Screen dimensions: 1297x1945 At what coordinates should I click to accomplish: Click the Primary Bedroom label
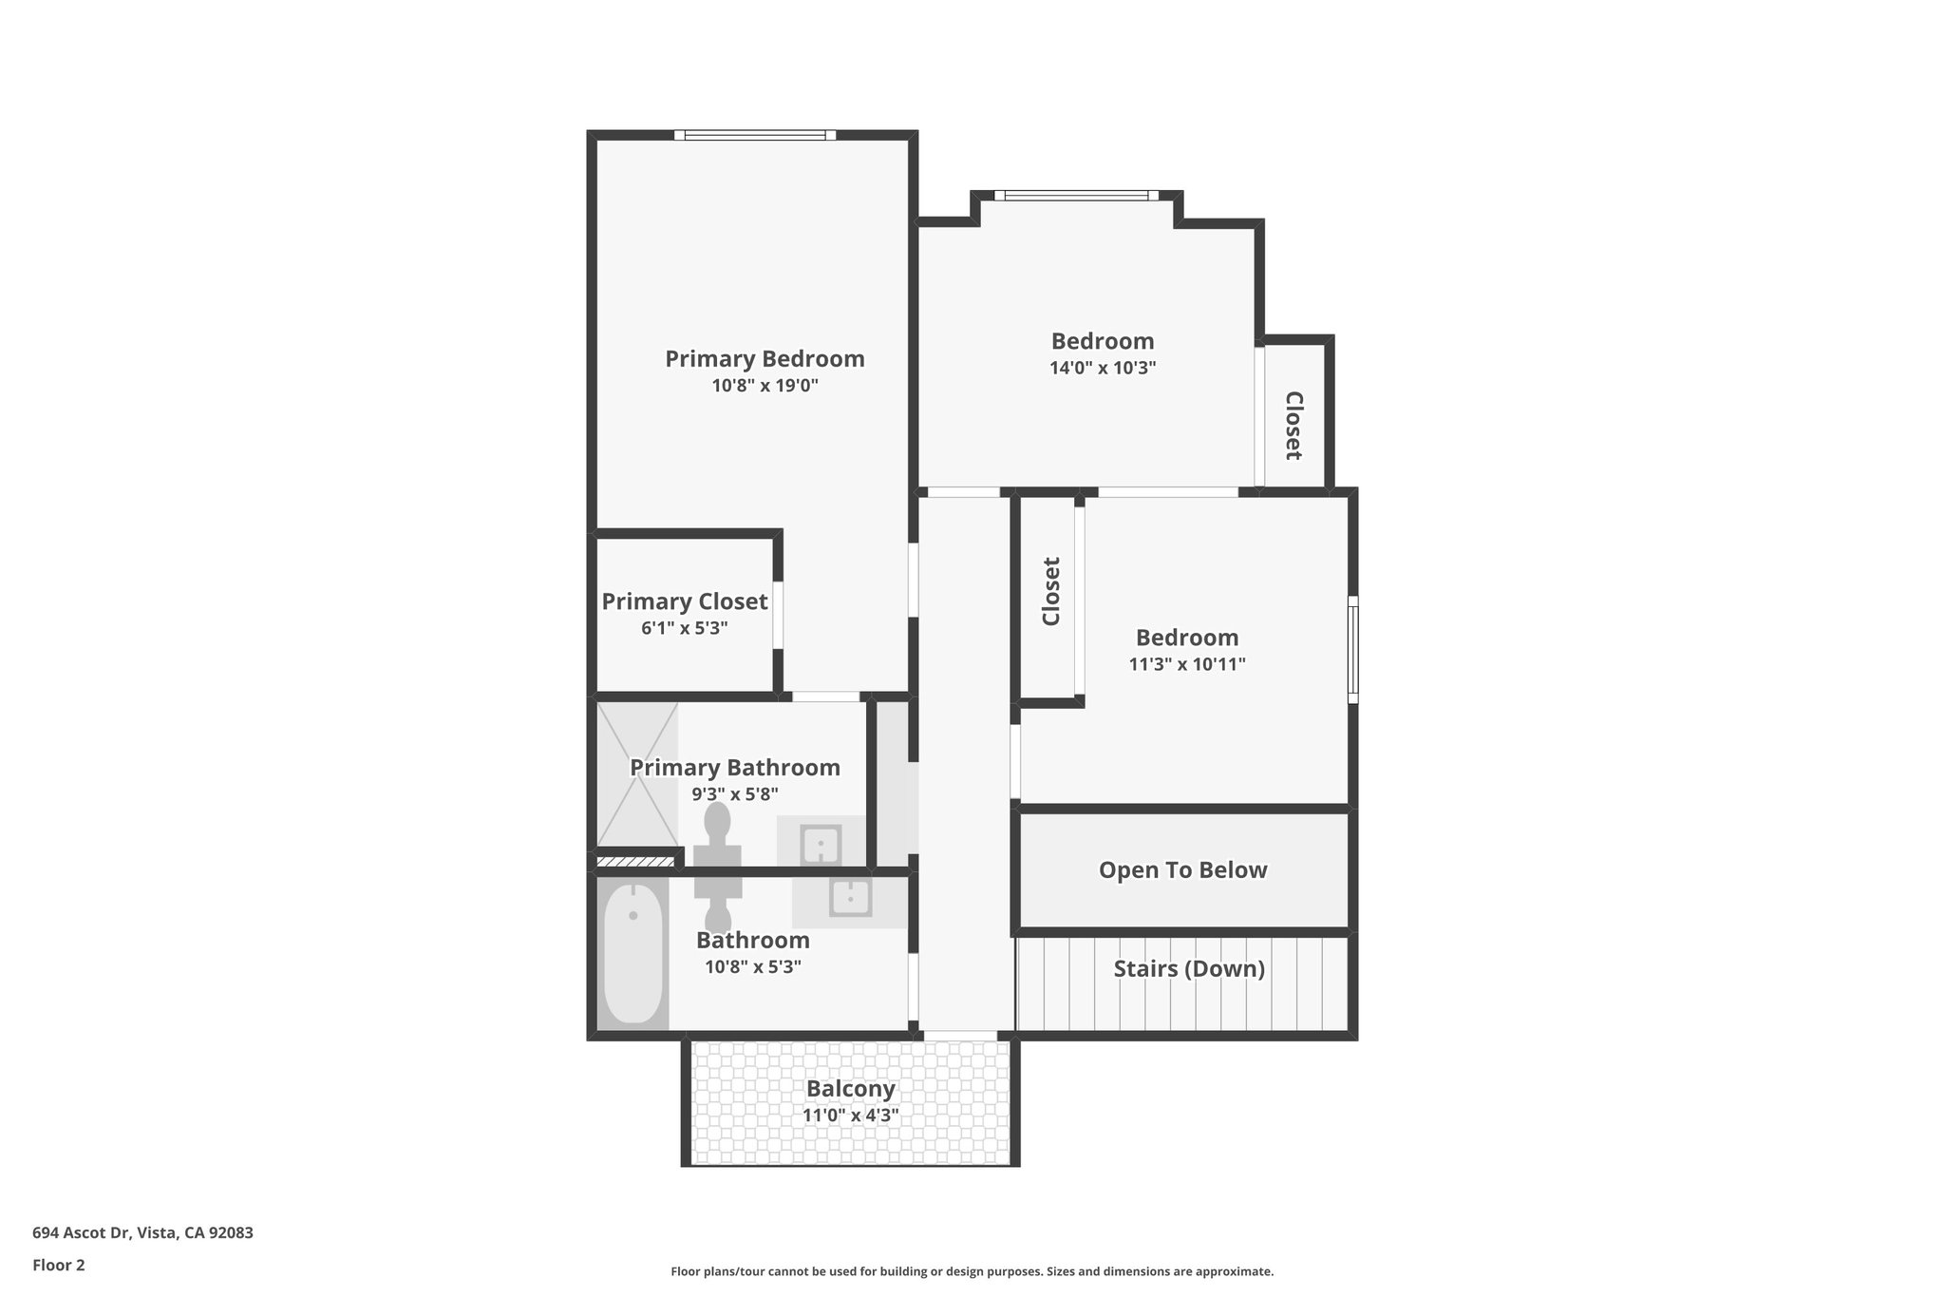765,359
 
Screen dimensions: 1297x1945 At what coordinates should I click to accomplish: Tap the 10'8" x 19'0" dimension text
765,386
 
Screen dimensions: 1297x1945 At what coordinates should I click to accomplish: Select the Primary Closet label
684,601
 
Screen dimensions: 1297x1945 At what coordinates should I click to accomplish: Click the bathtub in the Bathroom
633,953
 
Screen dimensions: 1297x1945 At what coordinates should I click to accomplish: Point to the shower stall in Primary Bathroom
636,774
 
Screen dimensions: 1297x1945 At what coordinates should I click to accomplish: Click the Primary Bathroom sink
821,844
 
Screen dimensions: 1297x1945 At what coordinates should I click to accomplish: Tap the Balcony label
851,1089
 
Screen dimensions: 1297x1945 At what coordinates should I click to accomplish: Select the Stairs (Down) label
1188,969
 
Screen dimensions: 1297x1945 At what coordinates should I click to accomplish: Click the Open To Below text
1182,870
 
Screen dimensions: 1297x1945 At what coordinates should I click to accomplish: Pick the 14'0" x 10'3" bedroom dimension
1102,368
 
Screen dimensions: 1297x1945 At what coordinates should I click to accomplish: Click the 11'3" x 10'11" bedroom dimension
1186,664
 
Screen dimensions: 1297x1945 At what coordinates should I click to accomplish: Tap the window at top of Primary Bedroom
755,135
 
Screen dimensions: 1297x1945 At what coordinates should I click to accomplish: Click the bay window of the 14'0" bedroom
1076,196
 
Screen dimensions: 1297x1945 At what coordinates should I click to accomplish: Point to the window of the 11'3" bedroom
1353,650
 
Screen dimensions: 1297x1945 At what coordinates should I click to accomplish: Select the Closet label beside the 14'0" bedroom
1293,425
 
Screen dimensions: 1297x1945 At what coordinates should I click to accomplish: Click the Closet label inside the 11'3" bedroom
1050,591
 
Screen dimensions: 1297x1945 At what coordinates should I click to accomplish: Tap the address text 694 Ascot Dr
142,1233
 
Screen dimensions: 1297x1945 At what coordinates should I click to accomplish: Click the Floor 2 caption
59,1265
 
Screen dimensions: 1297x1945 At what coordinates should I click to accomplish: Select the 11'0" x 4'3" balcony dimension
851,1116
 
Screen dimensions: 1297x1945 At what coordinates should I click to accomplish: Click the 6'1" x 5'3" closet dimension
684,628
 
